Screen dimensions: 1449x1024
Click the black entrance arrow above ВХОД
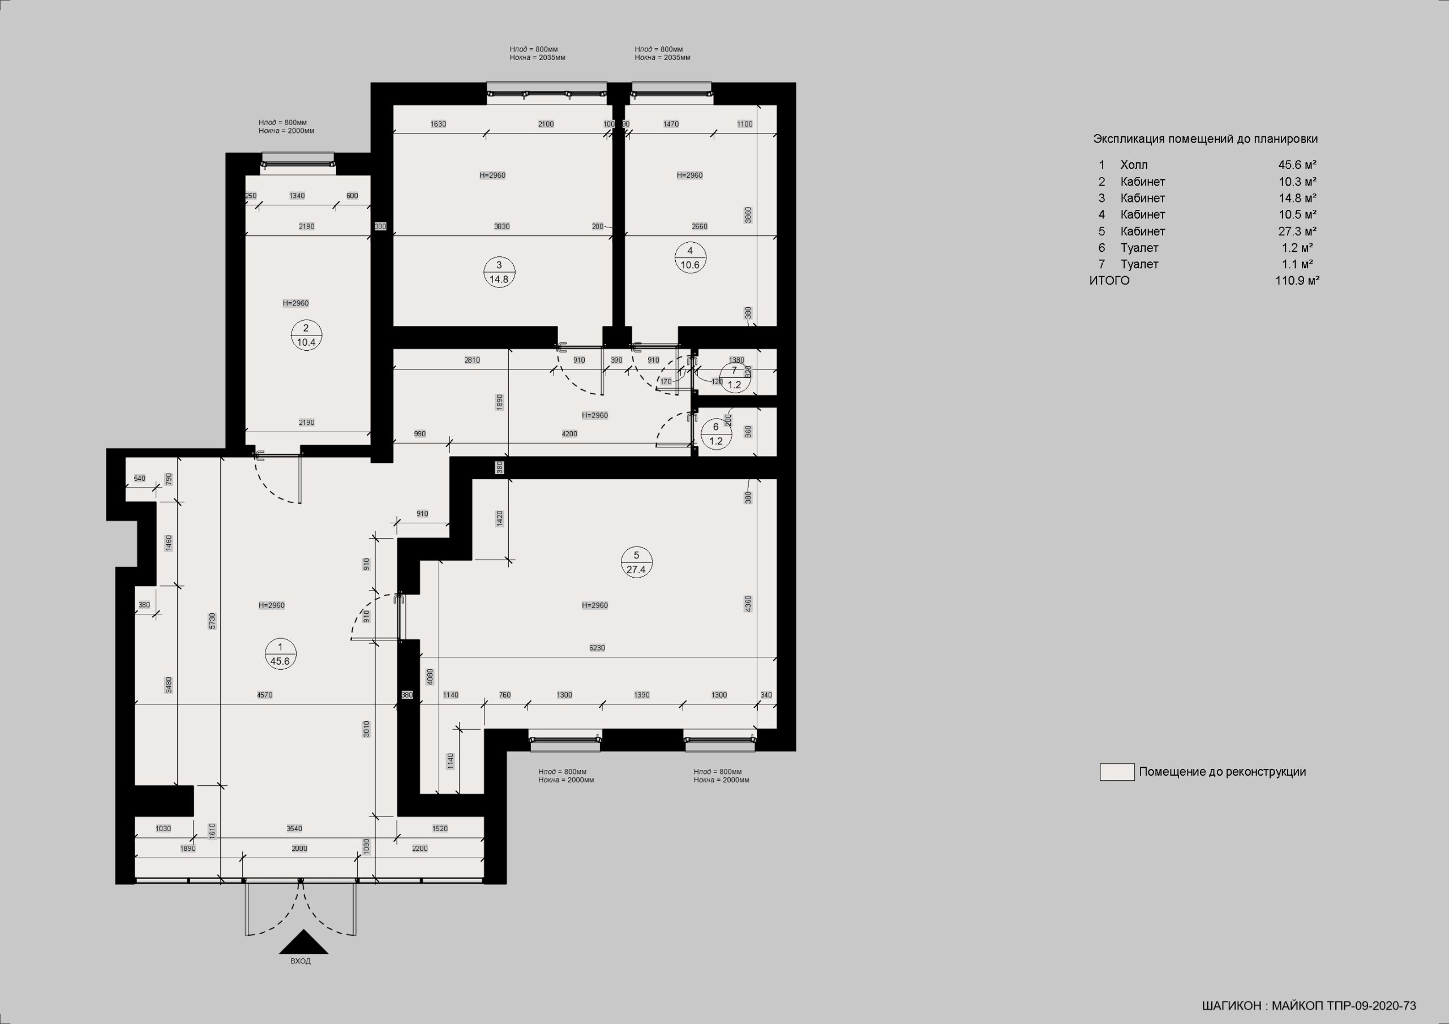tap(303, 941)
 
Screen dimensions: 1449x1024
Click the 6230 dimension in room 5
tap(597, 647)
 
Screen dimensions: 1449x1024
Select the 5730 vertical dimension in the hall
tap(213, 621)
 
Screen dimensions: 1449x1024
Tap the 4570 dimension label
tap(264, 695)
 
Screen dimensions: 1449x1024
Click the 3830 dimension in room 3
tap(501, 226)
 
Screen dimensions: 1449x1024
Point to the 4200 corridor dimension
tap(569, 434)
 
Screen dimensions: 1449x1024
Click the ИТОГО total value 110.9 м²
tap(1297, 281)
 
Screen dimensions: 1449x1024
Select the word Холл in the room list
tap(1134, 165)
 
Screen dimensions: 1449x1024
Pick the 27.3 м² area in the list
tap(1297, 231)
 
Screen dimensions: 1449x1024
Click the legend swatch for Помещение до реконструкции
tap(1117, 772)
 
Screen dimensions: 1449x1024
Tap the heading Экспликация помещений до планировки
tap(1206, 139)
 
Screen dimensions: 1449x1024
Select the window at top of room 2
tap(298, 159)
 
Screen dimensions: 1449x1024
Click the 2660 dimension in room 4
tap(699, 226)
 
